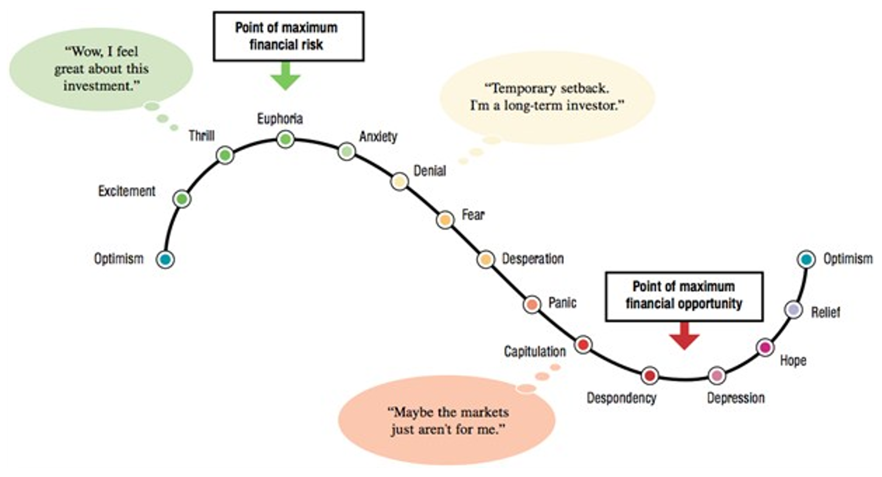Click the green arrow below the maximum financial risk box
285,76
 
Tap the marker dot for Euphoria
285,139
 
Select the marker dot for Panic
532,305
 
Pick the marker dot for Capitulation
583,345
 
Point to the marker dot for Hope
765,347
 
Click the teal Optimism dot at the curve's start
165,259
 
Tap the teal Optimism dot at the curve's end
806,259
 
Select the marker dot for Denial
399,182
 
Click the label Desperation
533,259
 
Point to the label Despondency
622,398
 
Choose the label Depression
736,398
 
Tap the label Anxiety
378,137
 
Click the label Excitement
127,191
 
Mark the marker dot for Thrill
225,155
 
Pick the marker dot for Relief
793,310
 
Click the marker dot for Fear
445,220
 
